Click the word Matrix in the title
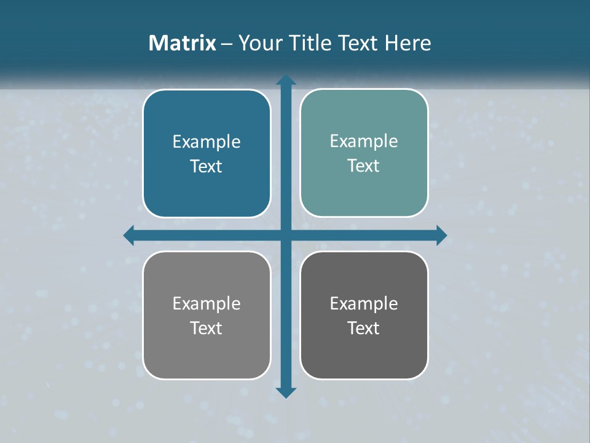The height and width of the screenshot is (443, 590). pyautogui.click(x=183, y=43)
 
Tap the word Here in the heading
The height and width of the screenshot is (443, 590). pyautogui.click(x=407, y=43)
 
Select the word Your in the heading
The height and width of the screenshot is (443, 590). pyautogui.click(x=259, y=43)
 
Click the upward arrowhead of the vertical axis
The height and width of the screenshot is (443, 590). pyautogui.click(x=286, y=81)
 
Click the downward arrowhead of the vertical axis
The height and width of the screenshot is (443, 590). pyautogui.click(x=286, y=392)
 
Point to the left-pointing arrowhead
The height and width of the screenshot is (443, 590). pyautogui.click(x=129, y=235)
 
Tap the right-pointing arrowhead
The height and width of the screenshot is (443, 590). pyautogui.click(x=441, y=235)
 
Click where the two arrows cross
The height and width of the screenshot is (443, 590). pyautogui.click(x=286, y=235)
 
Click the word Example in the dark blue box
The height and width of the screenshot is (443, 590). pyautogui.click(x=206, y=142)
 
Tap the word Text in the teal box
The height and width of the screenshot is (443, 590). pyautogui.click(x=364, y=166)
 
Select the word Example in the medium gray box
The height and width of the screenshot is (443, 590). pyautogui.click(x=206, y=303)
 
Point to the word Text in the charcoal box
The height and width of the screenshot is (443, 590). pyautogui.click(x=364, y=328)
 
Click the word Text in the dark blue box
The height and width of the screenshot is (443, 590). pyautogui.click(x=206, y=166)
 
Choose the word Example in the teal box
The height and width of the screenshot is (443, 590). pyautogui.click(x=364, y=141)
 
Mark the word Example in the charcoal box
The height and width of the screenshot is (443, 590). pyautogui.click(x=364, y=303)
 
